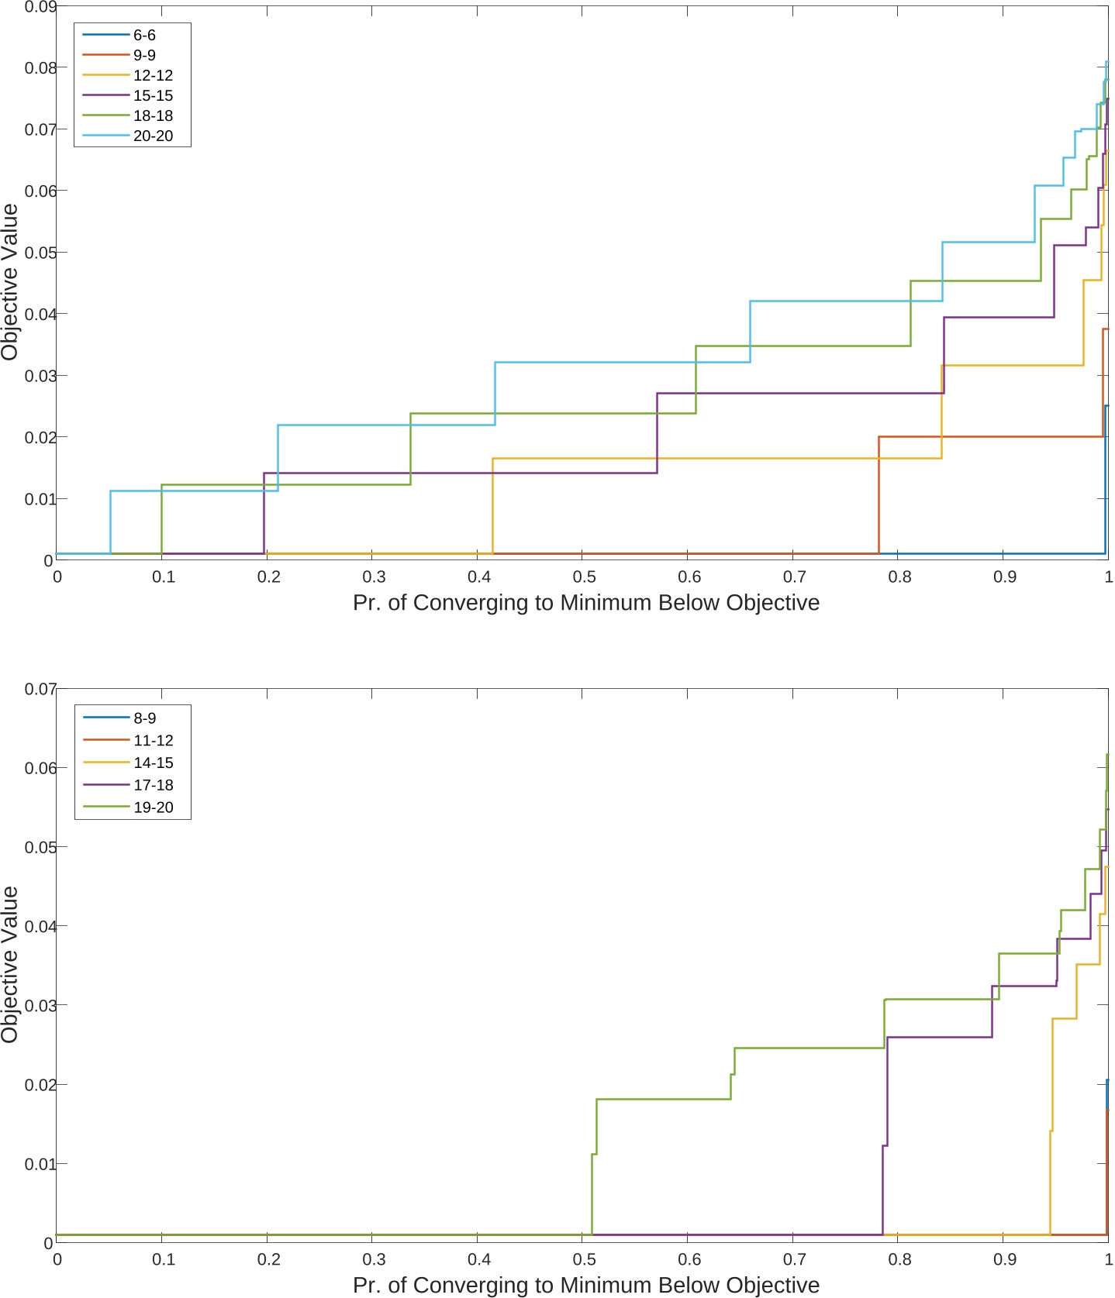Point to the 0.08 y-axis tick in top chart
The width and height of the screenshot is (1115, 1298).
[40, 68]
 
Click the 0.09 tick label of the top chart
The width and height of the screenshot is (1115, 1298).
[40, 7]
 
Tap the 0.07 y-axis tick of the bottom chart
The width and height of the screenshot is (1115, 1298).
[40, 689]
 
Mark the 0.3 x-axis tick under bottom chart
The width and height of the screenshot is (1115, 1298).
[373, 1259]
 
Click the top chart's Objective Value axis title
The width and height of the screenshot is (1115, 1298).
[10, 282]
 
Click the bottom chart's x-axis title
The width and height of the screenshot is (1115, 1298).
[585, 1285]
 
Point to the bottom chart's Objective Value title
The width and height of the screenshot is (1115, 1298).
[10, 964]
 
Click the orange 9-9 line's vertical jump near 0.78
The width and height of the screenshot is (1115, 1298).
[879, 496]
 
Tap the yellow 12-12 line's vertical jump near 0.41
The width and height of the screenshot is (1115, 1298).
[492, 508]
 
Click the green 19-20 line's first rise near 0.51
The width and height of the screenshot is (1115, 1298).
[592, 1193]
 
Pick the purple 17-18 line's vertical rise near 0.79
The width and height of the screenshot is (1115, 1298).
[883, 1190]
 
